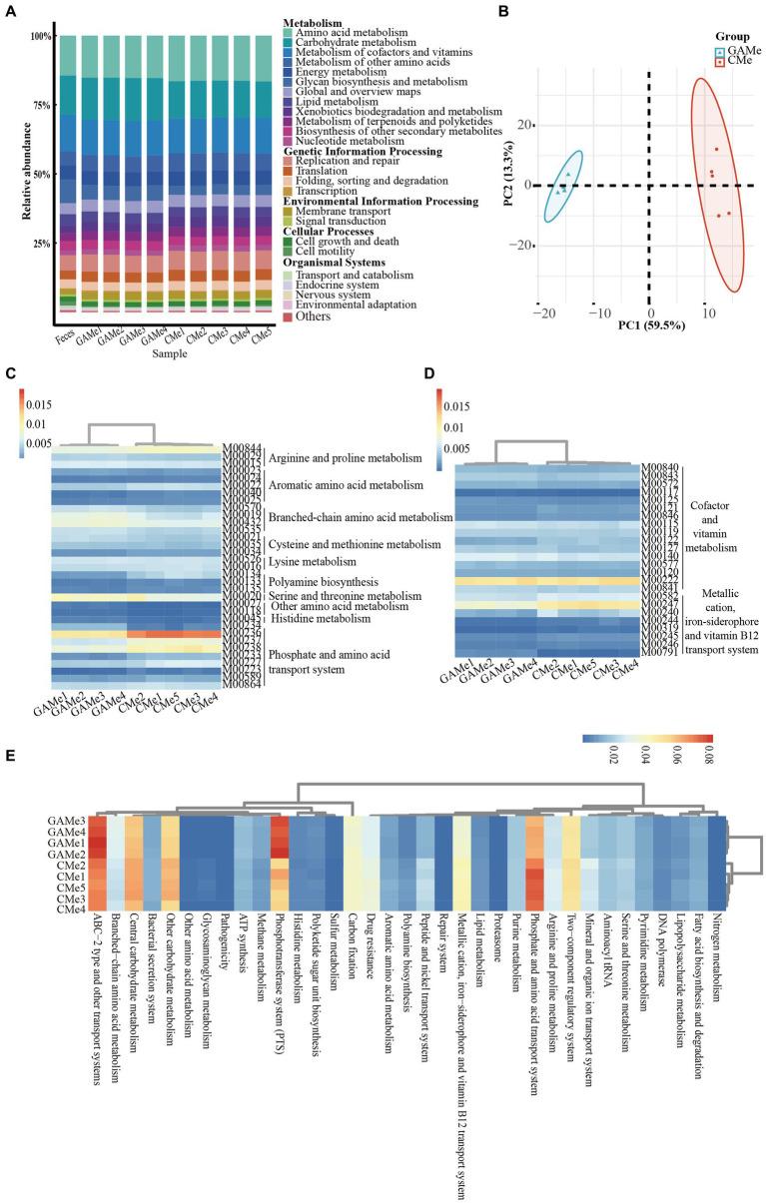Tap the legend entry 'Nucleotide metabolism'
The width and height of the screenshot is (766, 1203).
(x=340, y=141)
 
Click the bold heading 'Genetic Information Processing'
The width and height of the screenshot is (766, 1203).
(x=362, y=152)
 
